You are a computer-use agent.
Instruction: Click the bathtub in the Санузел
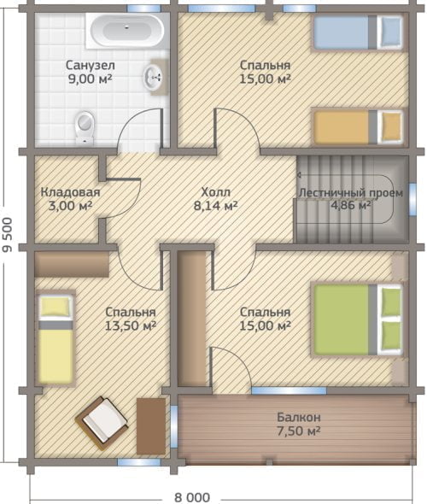pos(127,31)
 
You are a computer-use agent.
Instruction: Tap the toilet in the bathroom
pos(85,127)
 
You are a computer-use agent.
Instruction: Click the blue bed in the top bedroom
pos(358,32)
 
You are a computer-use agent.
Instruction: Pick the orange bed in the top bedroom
pos(358,127)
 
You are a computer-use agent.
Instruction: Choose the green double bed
pos(358,319)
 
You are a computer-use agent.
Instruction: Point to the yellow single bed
pos(56,337)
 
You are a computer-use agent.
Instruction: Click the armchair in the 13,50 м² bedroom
pos(102,423)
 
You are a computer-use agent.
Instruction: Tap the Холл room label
pos(215,192)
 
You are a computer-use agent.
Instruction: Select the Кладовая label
pos(70,192)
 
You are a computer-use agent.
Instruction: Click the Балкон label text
pos(299,417)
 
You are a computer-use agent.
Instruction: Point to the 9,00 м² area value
pos(91,79)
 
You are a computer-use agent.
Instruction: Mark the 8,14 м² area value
pos(215,205)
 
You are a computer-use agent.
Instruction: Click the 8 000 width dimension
pos(192,497)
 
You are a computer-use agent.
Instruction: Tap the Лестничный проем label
pos(351,193)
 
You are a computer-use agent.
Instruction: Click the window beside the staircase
pos(412,199)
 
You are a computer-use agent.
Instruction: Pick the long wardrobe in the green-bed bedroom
pos(191,318)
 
